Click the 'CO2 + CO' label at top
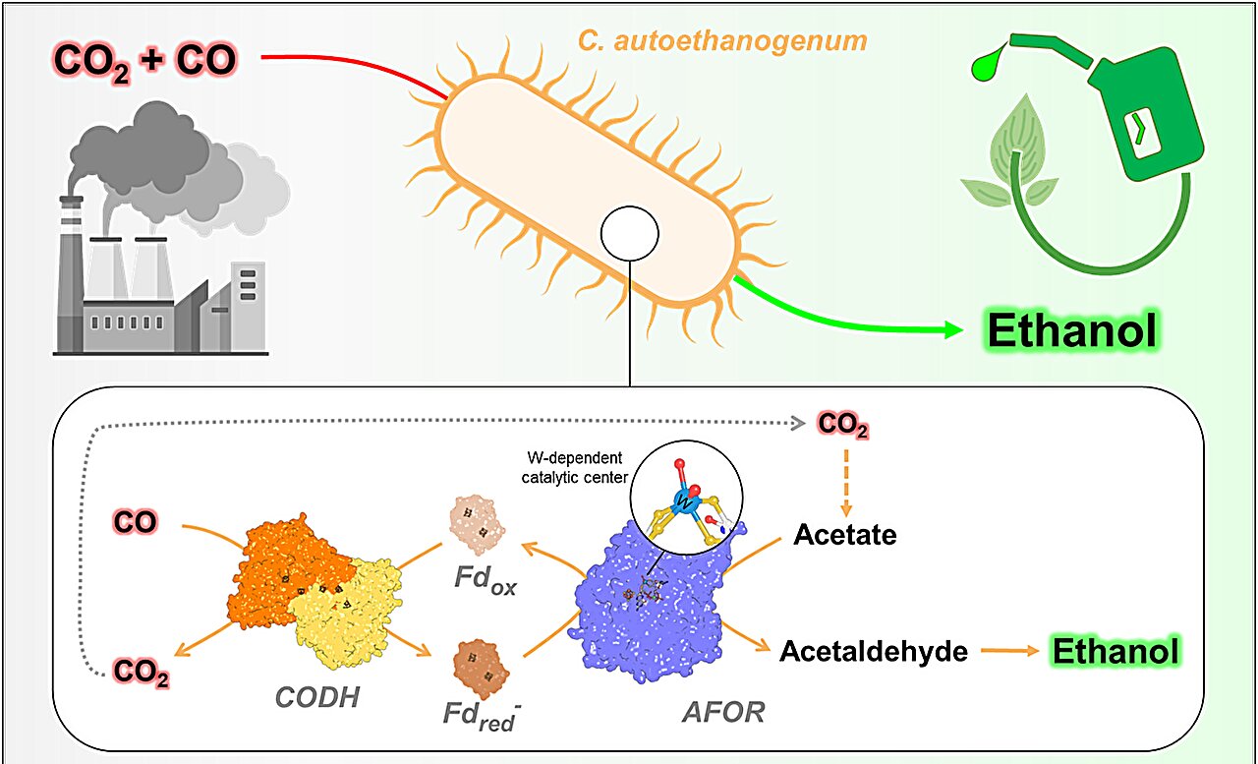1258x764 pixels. (144, 60)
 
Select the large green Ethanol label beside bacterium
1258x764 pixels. (1072, 331)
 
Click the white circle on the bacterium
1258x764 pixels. (628, 235)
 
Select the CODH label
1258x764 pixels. (316, 698)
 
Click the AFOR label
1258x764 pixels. (722, 711)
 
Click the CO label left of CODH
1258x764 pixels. (135, 521)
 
